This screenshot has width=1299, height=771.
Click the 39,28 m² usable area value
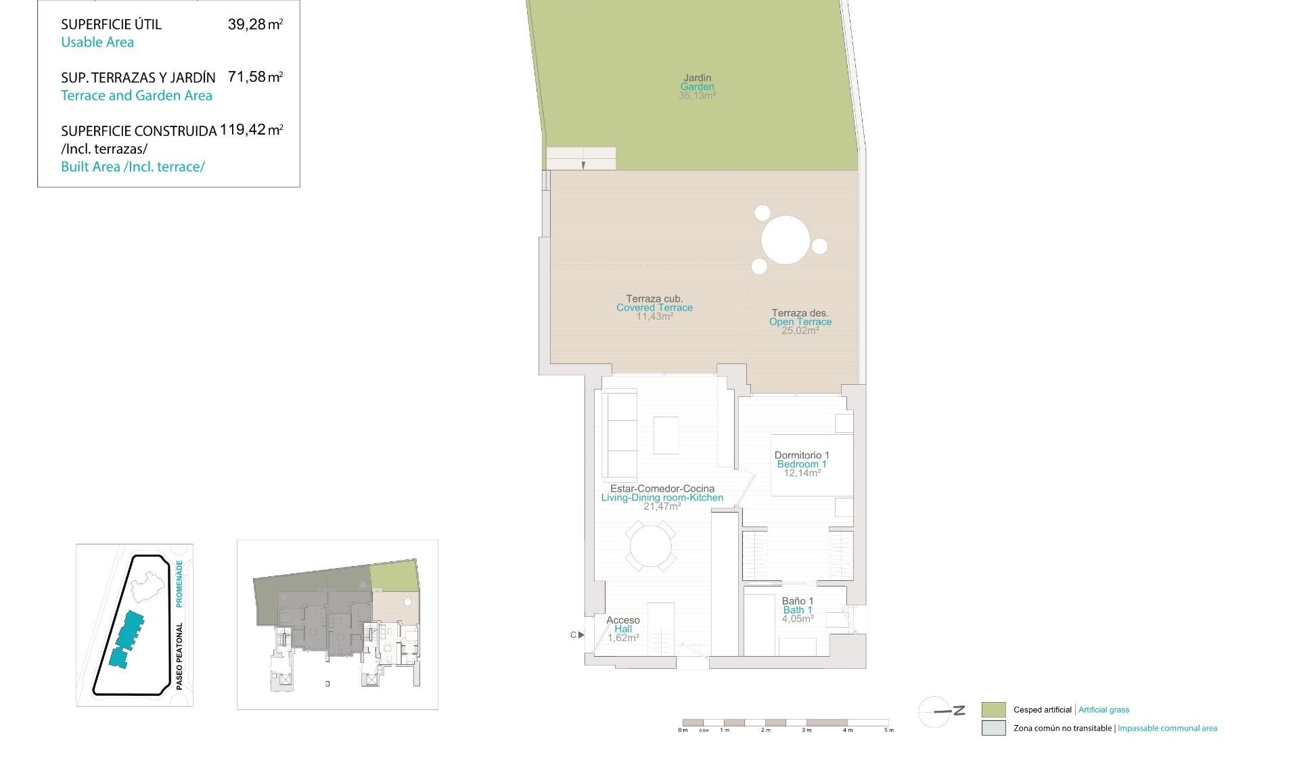255,25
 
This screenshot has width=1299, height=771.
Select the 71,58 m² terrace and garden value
255,77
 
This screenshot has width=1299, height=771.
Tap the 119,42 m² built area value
251,130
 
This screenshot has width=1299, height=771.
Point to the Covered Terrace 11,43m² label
654,308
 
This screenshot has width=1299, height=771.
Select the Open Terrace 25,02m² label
800,322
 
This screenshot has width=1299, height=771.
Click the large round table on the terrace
785,239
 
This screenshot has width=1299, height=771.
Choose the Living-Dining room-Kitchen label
662,497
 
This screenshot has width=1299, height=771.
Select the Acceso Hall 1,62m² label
622,629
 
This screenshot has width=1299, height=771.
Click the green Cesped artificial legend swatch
993,709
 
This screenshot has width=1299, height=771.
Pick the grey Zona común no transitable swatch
993,728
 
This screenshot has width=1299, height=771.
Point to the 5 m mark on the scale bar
888,730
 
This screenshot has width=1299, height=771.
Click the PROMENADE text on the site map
179,583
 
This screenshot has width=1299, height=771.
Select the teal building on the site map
127,639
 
